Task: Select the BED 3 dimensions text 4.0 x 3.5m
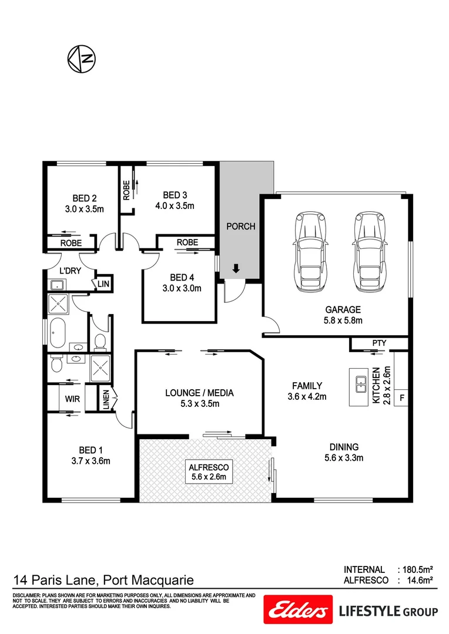pos(175,206)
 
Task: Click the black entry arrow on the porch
pos(236,269)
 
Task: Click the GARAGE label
pos(343,310)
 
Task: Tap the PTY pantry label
pos(378,343)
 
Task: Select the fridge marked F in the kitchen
pos(402,397)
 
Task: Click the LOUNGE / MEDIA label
pos(199,393)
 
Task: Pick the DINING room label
pos(344,447)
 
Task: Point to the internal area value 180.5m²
pos(418,569)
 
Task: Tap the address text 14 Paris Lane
pos(55,581)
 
